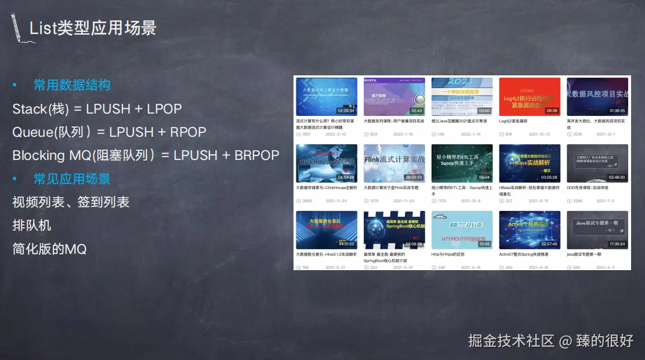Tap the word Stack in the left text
coord(30,109)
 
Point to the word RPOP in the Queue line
coord(188,132)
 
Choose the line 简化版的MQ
coord(49,249)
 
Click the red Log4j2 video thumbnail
coord(530,96)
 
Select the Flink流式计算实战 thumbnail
coord(394,163)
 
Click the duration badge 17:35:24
coord(617,244)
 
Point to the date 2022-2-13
coord(336,134)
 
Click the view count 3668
coord(307,201)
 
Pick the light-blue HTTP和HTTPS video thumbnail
coord(462,230)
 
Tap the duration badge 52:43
coord(416,111)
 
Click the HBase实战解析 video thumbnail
coord(530,163)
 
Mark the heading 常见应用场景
coord(72,179)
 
